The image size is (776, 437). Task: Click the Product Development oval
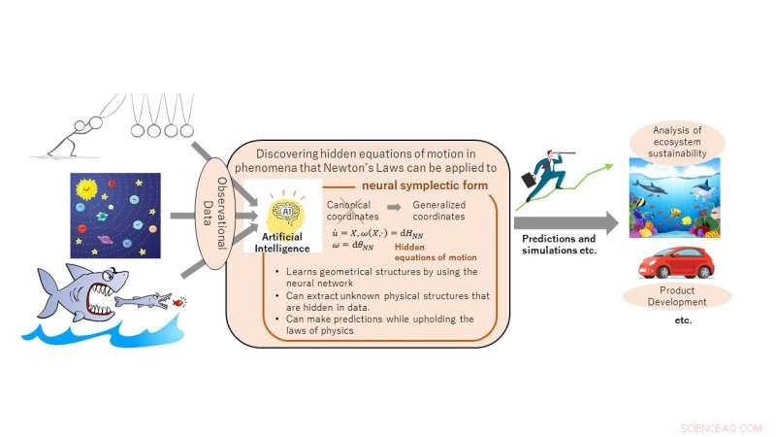676,296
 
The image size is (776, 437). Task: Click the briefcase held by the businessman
531,183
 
